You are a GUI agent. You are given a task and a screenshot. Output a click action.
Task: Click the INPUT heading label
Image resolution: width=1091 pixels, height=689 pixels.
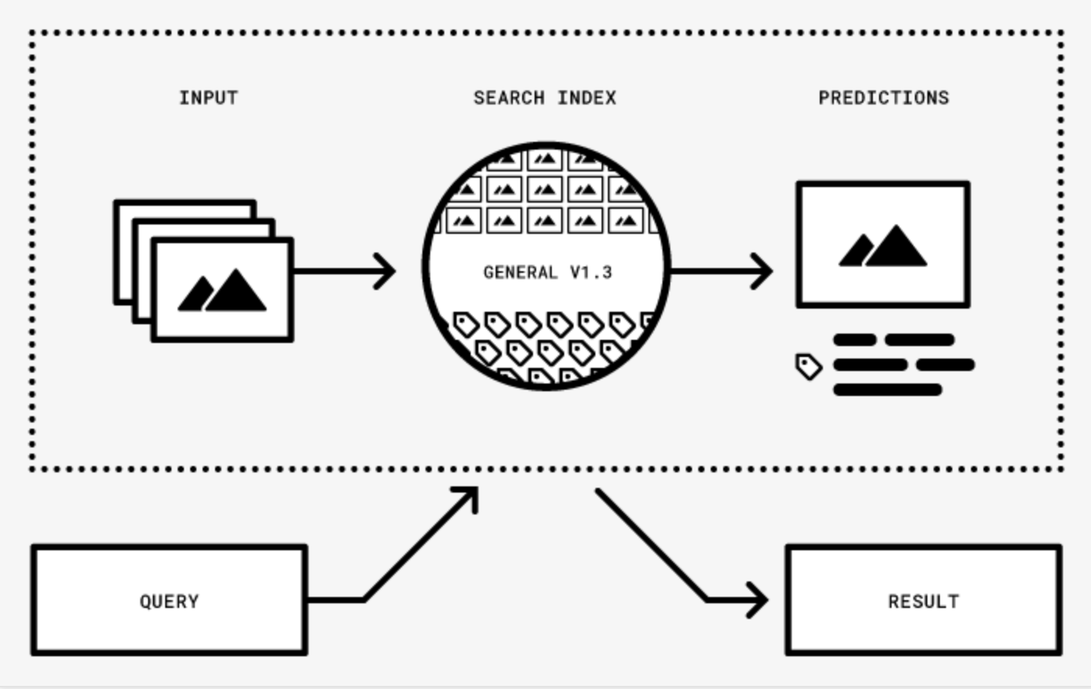tap(208, 98)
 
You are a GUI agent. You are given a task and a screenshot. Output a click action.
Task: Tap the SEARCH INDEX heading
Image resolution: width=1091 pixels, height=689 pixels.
tap(545, 98)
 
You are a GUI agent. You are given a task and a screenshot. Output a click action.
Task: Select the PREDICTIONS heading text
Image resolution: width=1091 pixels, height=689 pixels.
tap(884, 98)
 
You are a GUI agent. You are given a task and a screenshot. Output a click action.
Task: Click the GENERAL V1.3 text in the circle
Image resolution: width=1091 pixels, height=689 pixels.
tap(547, 273)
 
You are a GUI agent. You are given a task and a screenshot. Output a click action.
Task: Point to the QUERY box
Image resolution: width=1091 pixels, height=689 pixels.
tap(168, 600)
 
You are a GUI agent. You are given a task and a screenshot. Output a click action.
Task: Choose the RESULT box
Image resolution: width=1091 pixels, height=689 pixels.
tap(923, 600)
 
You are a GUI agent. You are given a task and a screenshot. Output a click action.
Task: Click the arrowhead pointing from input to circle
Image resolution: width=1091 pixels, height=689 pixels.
tap(386, 271)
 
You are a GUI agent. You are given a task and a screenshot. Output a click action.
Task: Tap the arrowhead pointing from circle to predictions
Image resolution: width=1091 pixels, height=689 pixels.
tap(762, 271)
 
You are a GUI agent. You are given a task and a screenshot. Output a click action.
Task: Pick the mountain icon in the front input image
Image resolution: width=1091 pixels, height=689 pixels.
tap(223, 291)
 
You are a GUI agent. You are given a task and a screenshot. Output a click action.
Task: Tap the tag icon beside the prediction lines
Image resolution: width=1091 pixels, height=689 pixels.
tap(808, 366)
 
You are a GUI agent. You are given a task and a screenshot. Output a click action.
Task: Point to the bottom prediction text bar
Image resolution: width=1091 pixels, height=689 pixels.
tap(888, 390)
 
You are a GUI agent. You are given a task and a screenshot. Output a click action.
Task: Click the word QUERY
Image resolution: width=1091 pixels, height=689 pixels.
tap(169, 602)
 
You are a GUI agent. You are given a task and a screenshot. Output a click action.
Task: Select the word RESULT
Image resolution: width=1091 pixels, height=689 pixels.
tap(923, 602)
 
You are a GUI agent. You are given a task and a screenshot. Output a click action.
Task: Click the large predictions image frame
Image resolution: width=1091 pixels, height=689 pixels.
tap(883, 245)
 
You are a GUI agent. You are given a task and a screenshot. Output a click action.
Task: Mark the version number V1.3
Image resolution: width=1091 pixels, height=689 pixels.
tap(591, 273)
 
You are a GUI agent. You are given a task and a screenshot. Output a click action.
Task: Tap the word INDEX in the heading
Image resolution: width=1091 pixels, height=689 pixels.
tap(586, 98)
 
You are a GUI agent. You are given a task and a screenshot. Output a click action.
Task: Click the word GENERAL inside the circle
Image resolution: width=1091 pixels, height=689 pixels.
tap(521, 273)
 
